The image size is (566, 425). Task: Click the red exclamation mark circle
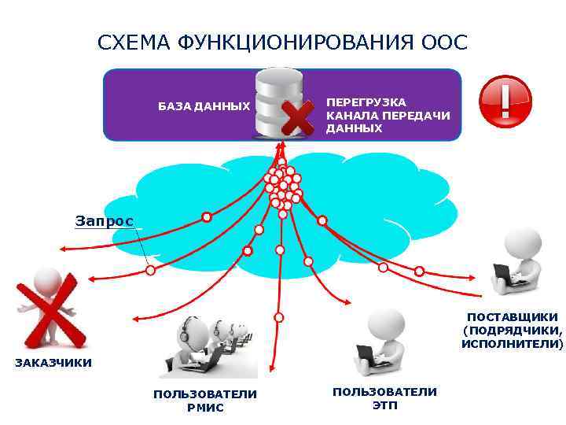point(505,98)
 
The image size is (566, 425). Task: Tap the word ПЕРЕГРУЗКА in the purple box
point(366,102)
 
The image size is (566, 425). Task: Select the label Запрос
point(105,221)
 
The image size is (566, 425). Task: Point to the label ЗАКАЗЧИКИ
point(53,363)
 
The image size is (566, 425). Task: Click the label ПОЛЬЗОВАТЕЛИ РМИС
point(205,400)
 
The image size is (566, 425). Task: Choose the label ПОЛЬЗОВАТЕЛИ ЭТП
point(384,397)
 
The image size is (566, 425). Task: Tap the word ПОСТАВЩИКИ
point(512,316)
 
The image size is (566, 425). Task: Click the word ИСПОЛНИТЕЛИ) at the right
point(512,344)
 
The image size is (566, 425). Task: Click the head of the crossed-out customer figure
point(47,277)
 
